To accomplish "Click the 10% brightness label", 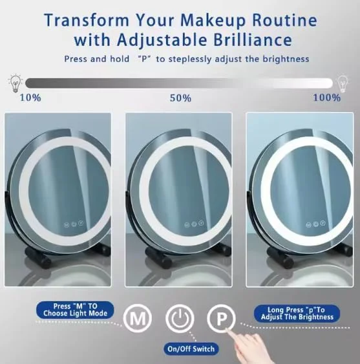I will pos(30,98).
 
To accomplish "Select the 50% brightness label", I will pos(180,98).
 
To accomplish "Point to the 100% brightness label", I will pos(326,98).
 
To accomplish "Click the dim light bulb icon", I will pos(13,83).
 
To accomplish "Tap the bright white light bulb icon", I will pos(343,83).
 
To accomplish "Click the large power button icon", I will pos(179,319).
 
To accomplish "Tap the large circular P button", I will pos(221,319).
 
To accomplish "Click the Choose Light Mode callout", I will pos(75,309).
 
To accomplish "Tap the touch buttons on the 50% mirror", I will pos(194,225).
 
